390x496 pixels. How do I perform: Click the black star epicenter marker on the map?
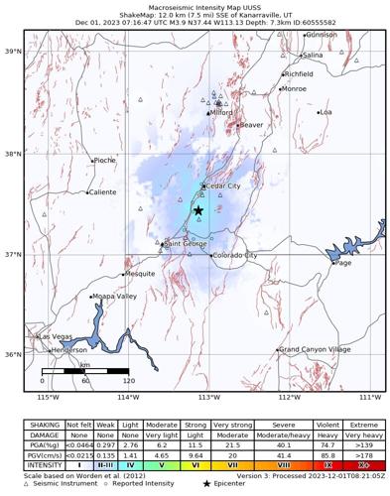[198, 210]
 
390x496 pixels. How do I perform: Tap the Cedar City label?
[221, 186]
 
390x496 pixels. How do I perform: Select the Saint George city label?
[187, 243]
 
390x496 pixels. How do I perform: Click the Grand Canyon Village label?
[315, 349]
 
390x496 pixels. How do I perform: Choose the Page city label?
[343, 263]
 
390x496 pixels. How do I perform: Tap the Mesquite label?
[140, 274]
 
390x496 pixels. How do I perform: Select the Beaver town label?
[252, 125]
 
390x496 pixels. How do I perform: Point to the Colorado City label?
[235, 255]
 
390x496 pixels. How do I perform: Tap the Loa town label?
[325, 112]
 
